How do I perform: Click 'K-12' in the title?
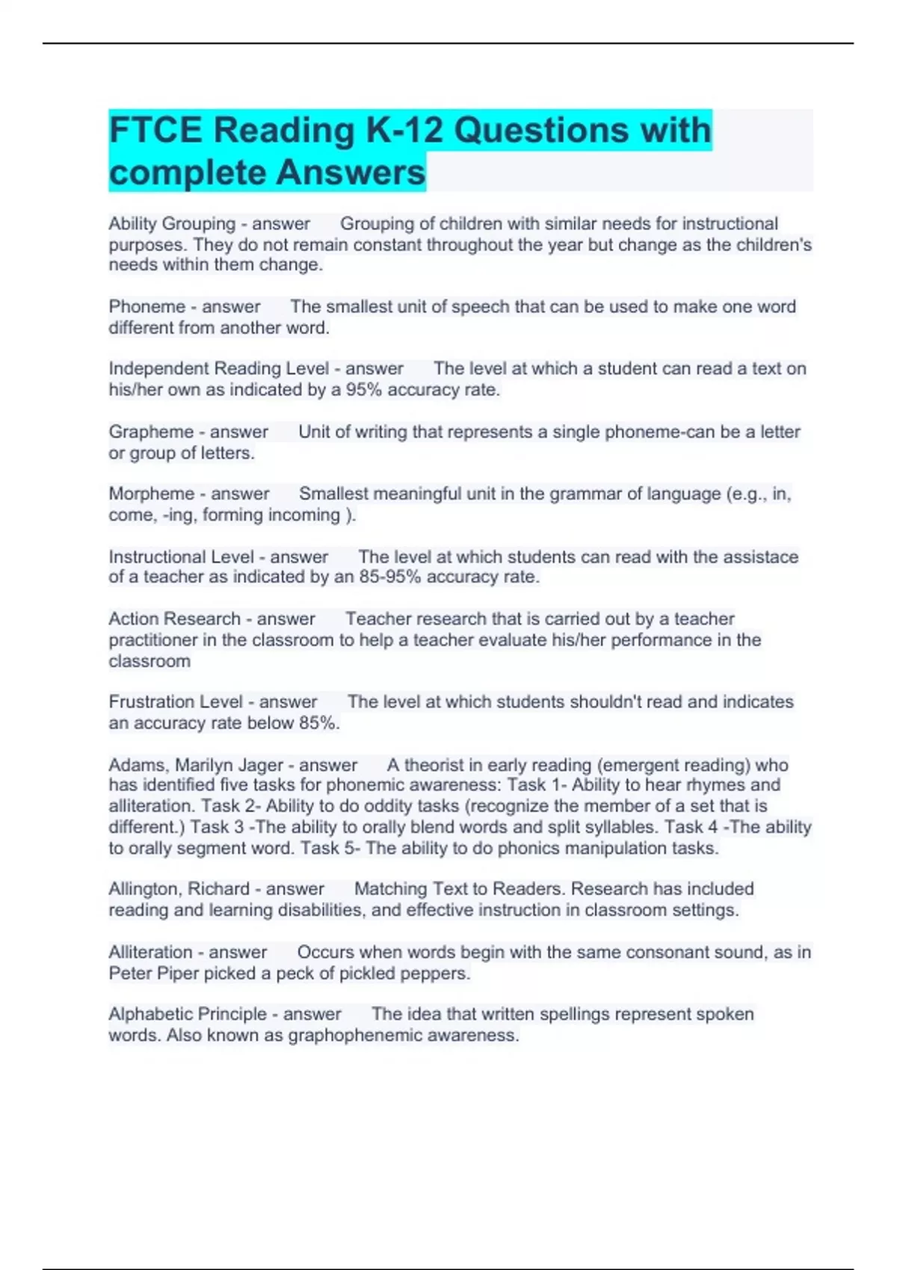coord(404,130)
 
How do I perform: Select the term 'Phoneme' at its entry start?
coord(147,307)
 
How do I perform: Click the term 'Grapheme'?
coord(151,432)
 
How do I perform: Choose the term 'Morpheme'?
coord(152,494)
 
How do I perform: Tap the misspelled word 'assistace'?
coord(760,557)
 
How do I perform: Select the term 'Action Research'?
coord(174,619)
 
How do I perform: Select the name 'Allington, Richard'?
coord(179,889)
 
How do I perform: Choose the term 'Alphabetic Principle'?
coord(187,1015)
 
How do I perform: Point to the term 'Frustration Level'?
coord(176,702)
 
